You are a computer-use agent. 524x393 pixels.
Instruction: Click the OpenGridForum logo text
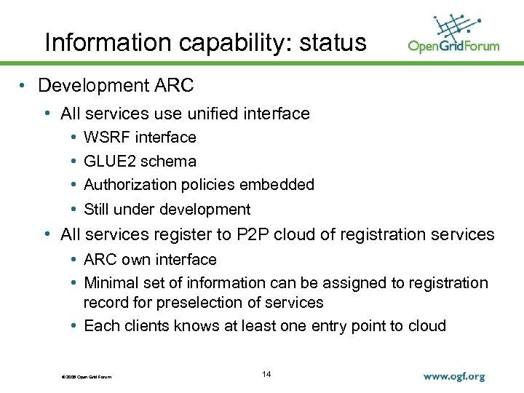(x=453, y=46)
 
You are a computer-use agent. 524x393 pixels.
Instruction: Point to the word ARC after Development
(x=174, y=86)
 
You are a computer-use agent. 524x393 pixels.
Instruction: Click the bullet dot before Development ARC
(x=24, y=86)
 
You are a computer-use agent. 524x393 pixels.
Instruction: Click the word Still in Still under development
(x=96, y=210)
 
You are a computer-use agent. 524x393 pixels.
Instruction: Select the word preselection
(x=191, y=302)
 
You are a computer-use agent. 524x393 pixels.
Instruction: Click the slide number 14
(x=266, y=374)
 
